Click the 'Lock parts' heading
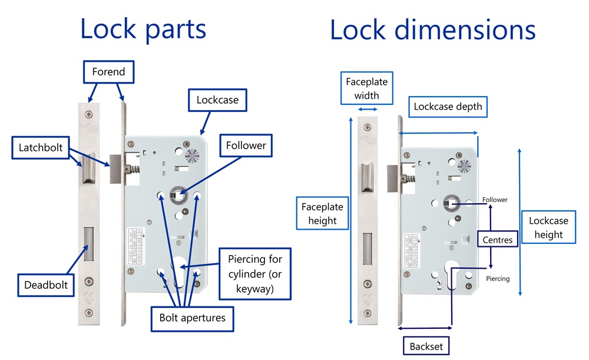coord(143,28)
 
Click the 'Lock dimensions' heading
coord(432,28)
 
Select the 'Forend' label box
coord(108,72)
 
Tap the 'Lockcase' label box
coord(217,100)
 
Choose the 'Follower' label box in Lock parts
coord(246,145)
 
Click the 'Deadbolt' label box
coord(46,285)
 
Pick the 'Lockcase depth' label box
coord(448,107)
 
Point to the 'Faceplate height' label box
coord(322,214)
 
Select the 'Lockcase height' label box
coord(548,227)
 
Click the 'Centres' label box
coord(497,240)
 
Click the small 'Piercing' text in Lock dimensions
coord(498,279)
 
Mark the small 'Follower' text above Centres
coord(495,200)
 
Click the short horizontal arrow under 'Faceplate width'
coord(368,110)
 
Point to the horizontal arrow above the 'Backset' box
coord(425,327)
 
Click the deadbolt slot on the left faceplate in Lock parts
coord(89,243)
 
